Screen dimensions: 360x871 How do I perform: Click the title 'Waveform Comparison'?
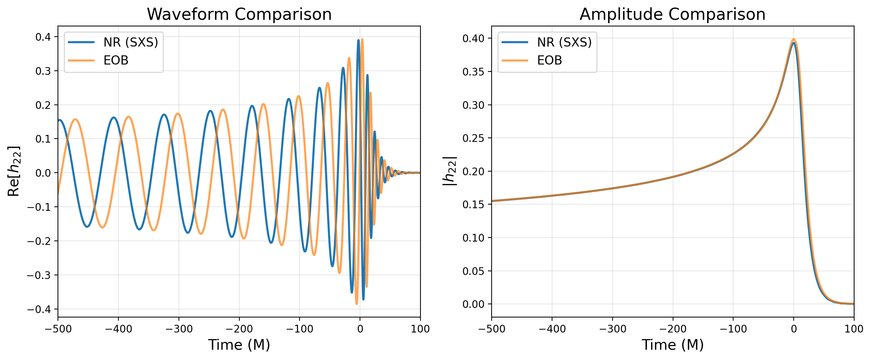(239, 15)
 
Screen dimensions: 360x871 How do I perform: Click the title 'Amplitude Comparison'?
(672, 15)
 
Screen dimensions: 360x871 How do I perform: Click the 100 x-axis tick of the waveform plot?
(420, 329)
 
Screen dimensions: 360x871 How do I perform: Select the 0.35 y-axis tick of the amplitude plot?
(473, 72)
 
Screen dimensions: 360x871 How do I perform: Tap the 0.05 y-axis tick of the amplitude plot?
(473, 271)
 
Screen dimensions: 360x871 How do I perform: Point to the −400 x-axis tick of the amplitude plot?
(552, 329)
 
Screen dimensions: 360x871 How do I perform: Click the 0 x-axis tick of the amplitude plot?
(794, 329)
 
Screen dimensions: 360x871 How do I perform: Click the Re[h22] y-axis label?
(14, 171)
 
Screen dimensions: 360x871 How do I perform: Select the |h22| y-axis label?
(449, 171)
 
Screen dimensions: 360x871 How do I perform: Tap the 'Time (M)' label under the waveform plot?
(239, 345)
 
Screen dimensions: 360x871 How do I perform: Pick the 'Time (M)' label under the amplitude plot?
(672, 345)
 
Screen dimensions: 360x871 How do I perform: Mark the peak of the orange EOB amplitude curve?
(794, 39)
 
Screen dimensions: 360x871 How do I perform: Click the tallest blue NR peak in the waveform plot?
(358, 40)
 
